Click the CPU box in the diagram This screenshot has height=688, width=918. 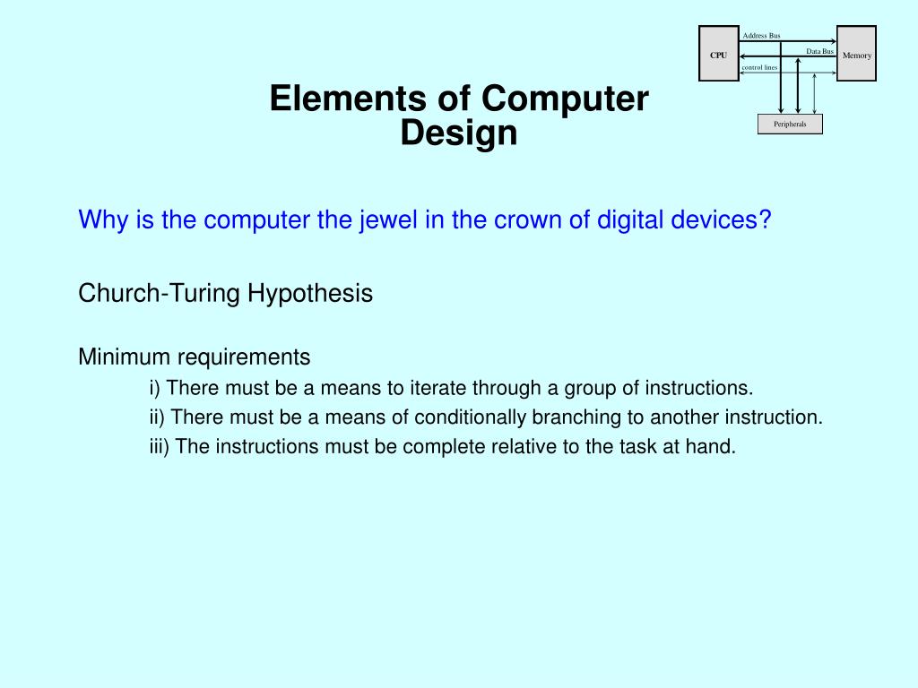[x=719, y=54]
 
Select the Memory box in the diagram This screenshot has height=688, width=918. [x=856, y=54]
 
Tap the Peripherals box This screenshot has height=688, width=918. [x=790, y=124]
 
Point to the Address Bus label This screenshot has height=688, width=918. [x=761, y=36]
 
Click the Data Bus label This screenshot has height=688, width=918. [x=819, y=51]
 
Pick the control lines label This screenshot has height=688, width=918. [x=759, y=67]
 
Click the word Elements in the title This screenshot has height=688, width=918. [x=350, y=99]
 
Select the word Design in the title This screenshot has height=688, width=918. [x=459, y=133]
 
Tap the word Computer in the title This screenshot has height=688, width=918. [x=565, y=99]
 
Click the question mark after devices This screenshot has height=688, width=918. [x=765, y=219]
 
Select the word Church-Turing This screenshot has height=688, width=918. [x=160, y=293]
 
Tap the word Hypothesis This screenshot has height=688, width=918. [x=309, y=294]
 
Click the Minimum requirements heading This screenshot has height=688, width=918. [x=195, y=357]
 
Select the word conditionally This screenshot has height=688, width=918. [x=470, y=417]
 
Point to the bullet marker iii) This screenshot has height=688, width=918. [x=160, y=446]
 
